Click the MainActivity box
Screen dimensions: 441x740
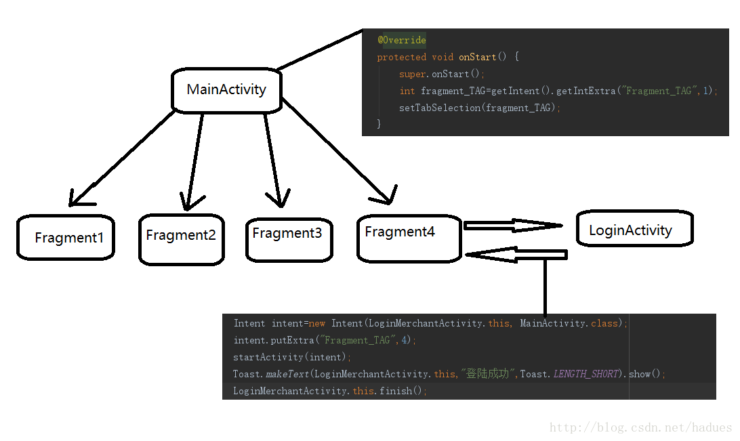click(x=226, y=89)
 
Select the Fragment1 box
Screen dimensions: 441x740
click(x=66, y=237)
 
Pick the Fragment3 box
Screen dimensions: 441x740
click(x=289, y=238)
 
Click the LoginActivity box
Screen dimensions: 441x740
click(x=634, y=229)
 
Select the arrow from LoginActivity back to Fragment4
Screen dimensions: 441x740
click(x=516, y=255)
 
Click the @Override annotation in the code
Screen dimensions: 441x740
click(x=402, y=40)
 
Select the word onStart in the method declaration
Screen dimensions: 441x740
click(x=477, y=57)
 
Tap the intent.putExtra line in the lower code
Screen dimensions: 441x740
click(x=325, y=340)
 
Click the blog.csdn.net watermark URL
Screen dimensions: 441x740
click(x=640, y=427)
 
